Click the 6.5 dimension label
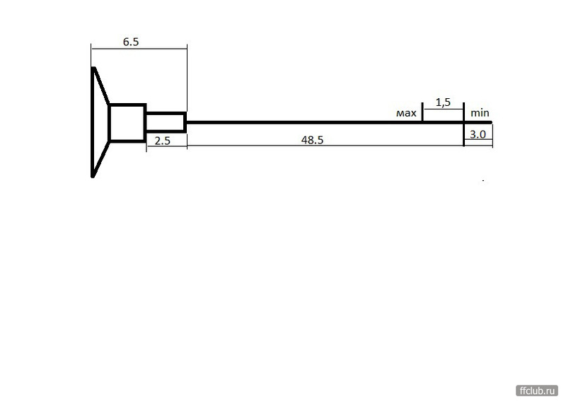(x=131, y=42)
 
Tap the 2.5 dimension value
(x=162, y=141)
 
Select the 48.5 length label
(x=312, y=140)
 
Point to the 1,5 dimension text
(x=443, y=102)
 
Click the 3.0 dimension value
(x=478, y=134)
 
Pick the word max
(x=406, y=114)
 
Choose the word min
(x=480, y=113)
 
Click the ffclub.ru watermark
(x=537, y=391)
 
